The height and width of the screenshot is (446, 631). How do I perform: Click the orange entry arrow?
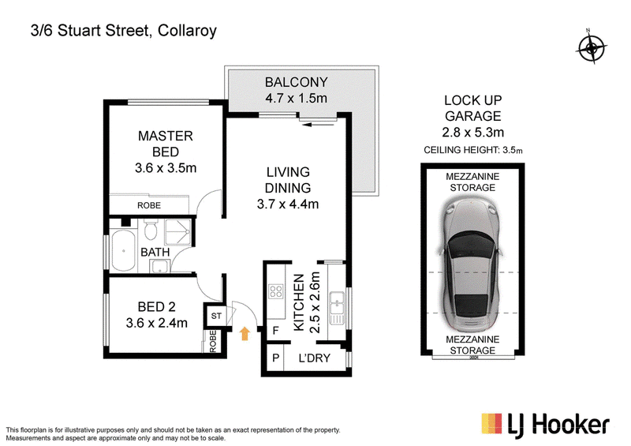pos(245,334)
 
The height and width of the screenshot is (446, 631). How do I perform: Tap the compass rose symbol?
pos(591,48)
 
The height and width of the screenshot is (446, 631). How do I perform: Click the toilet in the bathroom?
pos(151,230)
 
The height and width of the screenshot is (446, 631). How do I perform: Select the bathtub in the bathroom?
pos(123,250)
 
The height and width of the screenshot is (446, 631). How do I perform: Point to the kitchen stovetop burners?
pos(275,291)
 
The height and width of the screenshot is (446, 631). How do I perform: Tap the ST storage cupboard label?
pos(216,316)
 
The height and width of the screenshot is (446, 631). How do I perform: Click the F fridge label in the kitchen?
pos(275,331)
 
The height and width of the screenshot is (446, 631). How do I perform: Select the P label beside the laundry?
pos(275,358)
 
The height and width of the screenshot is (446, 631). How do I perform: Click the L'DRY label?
pos(314,358)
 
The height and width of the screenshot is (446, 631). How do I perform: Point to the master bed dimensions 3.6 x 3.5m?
pos(166,167)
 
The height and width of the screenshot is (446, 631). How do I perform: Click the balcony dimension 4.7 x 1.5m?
pos(297,98)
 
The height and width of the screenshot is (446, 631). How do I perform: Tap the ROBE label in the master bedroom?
pos(149,205)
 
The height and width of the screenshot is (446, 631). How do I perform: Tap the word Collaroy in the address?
pos(187,31)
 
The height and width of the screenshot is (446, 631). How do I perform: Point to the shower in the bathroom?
pos(177,232)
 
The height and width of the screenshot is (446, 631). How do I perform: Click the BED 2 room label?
pos(156,307)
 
